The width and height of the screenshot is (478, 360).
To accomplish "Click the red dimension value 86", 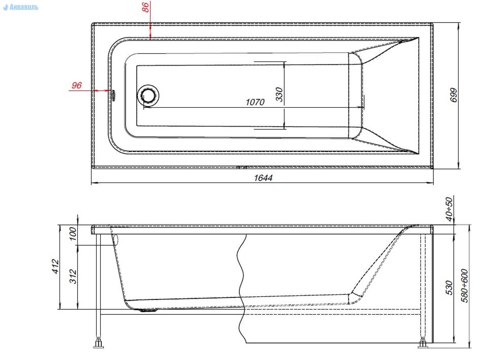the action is coord(146,7).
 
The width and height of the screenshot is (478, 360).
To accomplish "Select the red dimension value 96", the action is coord(77,85).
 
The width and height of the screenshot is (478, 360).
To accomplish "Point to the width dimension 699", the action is coord(454,95).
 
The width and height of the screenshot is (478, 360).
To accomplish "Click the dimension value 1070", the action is coord(255,102).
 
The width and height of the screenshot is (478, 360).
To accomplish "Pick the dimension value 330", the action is coord(279,94).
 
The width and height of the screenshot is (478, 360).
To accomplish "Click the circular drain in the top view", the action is coord(148,96).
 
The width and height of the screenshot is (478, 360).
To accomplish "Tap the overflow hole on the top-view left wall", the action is coord(113,95).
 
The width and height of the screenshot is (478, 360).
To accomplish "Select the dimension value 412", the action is coord(56,266).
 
